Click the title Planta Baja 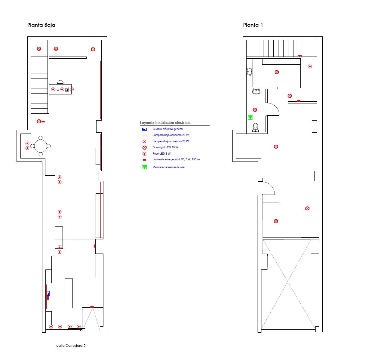pos(41,25)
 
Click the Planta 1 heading pos(253,25)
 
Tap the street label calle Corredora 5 pos(71,346)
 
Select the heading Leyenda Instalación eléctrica pos(165,123)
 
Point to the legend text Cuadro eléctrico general pos(168,129)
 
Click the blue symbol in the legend pos(144,129)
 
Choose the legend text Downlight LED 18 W pos(166,147)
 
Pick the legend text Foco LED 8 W pos(162,153)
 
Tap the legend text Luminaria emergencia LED pos(169,159)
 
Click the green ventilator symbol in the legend pos(144,167)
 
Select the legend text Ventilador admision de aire pos(168,167)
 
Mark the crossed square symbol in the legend pos(144,141)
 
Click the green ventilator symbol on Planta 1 pos(250,117)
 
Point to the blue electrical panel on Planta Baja pos(48,294)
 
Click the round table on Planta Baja pos(41,146)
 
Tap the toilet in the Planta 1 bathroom pos(255,128)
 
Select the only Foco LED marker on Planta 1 pos(310,66)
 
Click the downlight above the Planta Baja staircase pos(39,49)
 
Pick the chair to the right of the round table pos(49,146)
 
